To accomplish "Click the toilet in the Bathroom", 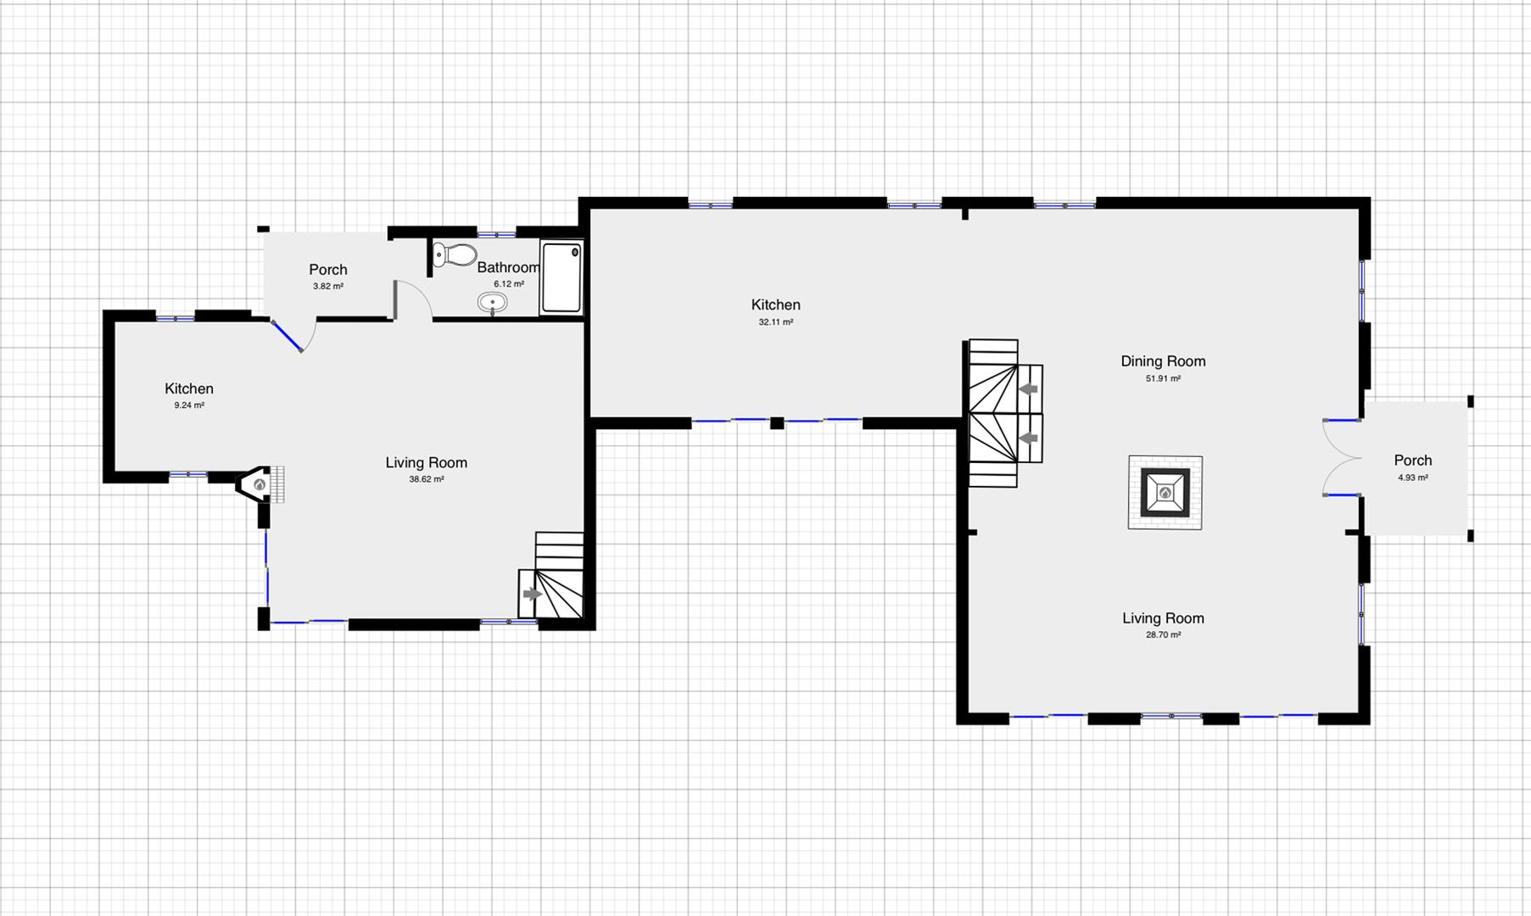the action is click(455, 254).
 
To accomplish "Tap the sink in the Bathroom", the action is click(493, 302).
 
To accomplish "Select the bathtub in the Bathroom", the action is click(562, 277).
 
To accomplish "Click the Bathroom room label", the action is click(508, 268).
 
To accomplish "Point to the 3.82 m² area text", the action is click(328, 287).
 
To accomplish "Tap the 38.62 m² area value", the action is click(427, 479).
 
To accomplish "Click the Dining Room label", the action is click(1163, 361).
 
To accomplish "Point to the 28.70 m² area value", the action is click(1164, 634).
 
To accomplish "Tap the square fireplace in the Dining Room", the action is click(1165, 493).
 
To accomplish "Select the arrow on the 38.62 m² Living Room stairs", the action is click(533, 595).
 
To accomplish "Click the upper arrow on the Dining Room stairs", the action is click(1029, 389).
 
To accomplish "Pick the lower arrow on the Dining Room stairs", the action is click(1029, 438).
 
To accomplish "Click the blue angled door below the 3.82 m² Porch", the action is click(288, 336).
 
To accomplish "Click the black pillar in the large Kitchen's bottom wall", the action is click(777, 422).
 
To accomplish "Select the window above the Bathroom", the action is click(496, 233).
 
